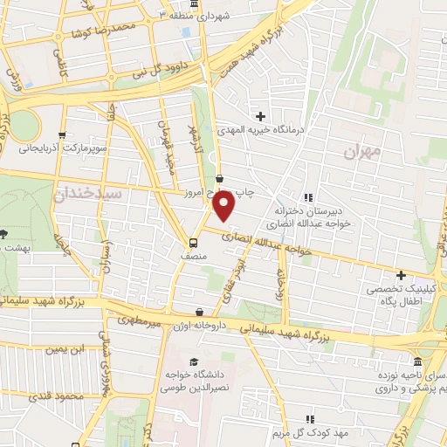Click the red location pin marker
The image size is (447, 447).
pos(224,207)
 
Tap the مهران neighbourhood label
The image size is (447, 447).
pos(364,152)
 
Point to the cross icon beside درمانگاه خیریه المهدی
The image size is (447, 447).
pos(260,115)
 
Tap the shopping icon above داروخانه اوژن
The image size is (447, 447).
pos(201,311)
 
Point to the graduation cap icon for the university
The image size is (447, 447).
pos(192,361)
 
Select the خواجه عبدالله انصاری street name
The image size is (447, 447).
pos(263,243)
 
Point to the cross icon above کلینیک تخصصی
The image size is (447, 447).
pos(401,276)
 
